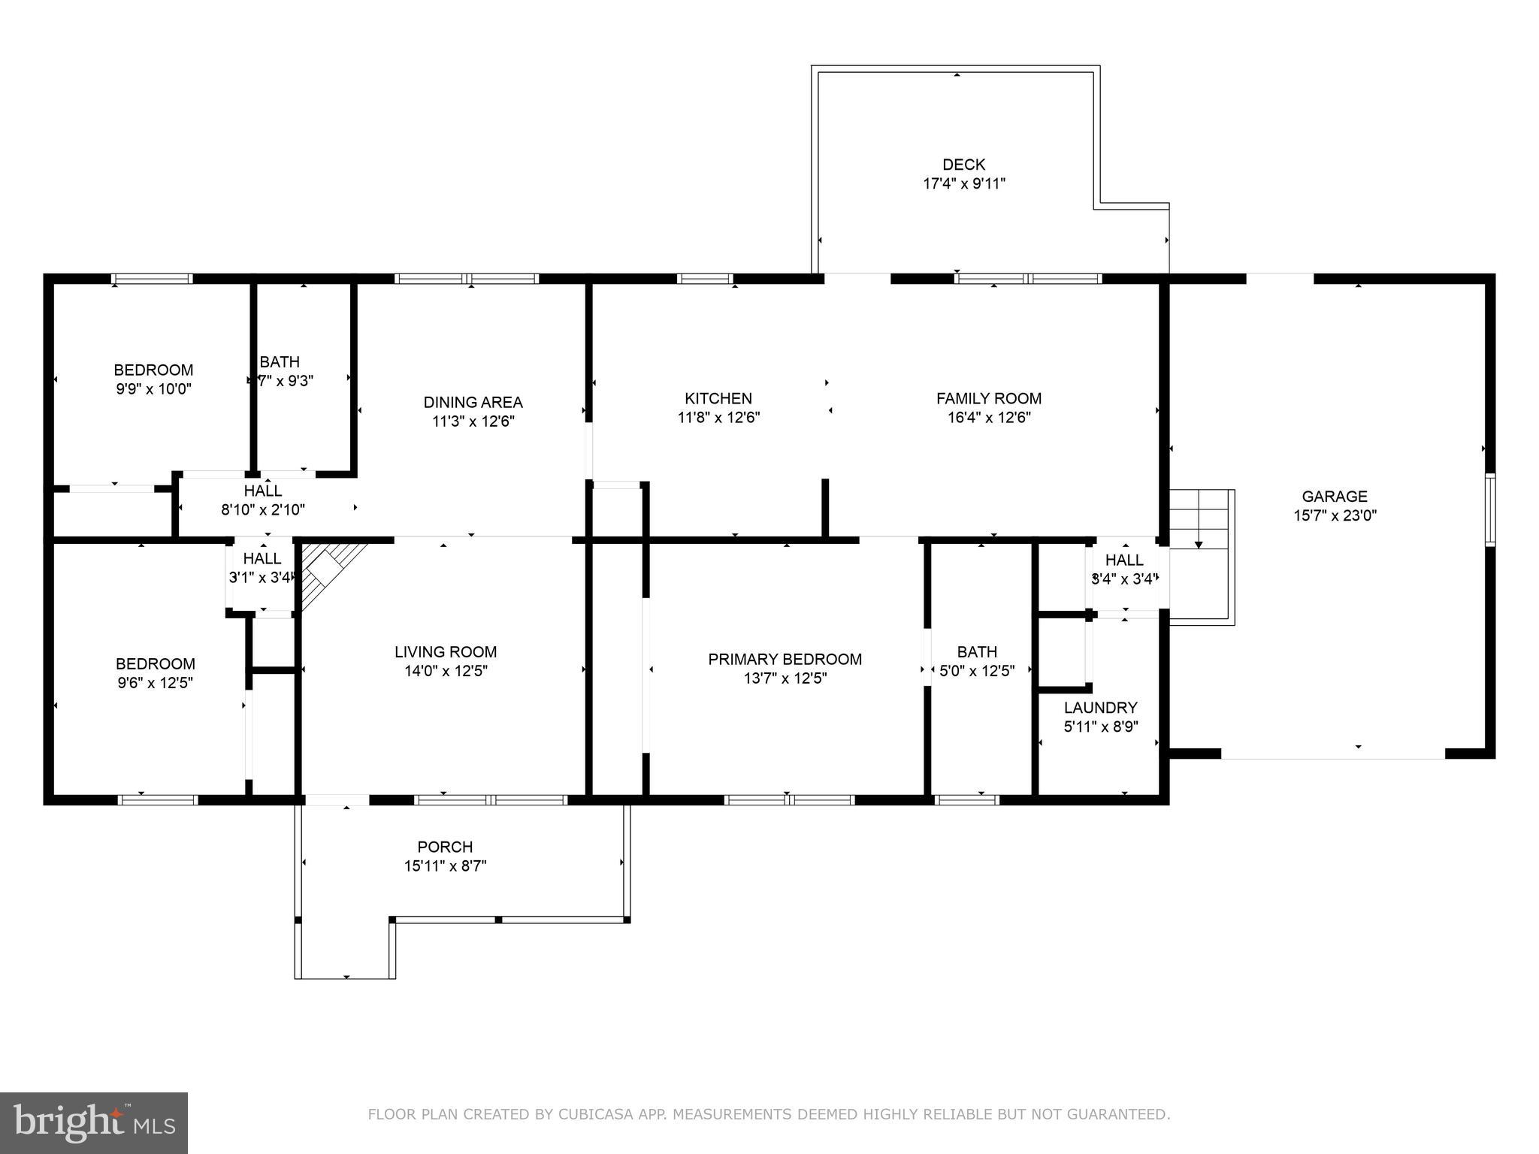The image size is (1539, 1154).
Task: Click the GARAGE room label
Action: coord(1334,496)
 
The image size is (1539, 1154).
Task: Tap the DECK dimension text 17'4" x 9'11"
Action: coord(963,183)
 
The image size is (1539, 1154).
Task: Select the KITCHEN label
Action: coord(718,398)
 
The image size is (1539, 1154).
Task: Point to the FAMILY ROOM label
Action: coord(988,398)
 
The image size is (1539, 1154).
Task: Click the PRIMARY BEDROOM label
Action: coord(785,659)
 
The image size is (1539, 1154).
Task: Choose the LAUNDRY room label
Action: coord(1100,708)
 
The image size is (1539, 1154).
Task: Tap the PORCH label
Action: coord(445,847)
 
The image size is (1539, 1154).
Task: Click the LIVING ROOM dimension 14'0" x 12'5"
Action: coord(446,671)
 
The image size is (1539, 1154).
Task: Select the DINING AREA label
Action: coord(473,402)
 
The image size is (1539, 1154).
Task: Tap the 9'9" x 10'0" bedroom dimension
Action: coord(153,389)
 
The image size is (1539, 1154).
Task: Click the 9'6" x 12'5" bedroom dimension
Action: coord(155,683)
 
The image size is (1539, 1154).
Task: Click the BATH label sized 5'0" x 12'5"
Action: coord(977,651)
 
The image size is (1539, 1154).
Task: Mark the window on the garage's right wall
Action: coord(1489,509)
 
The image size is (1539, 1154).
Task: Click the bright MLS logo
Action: coord(94,1123)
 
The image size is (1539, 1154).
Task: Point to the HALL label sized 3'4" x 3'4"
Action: coord(1124,560)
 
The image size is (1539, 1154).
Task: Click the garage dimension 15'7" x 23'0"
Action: coord(1334,515)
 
